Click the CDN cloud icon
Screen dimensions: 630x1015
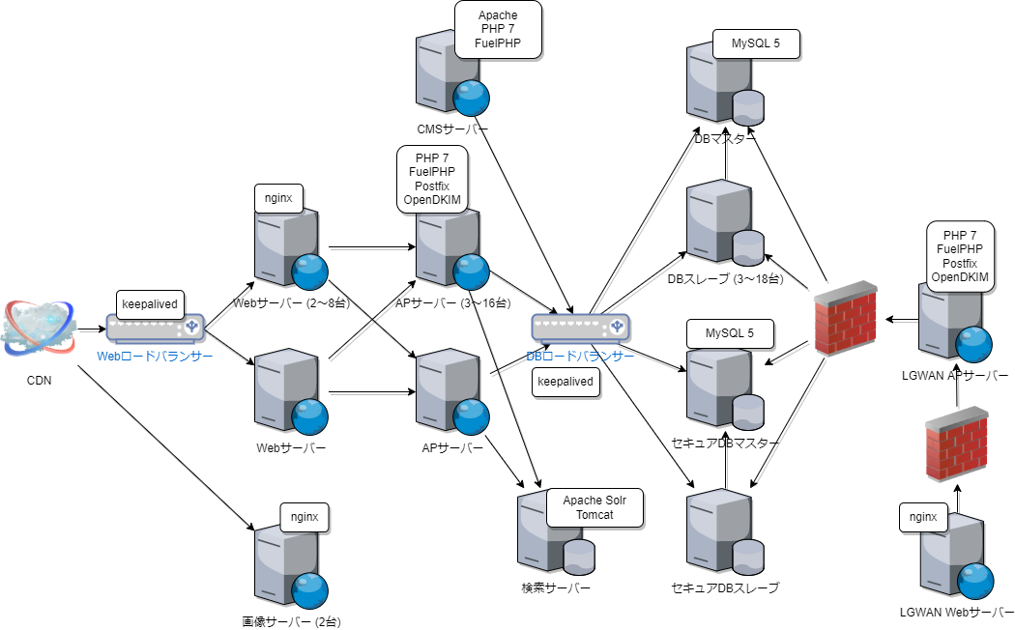pyautogui.click(x=39, y=329)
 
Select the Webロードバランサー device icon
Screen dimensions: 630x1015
pyautogui.click(x=156, y=329)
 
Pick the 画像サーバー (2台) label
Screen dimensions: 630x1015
pyautogui.click(x=291, y=621)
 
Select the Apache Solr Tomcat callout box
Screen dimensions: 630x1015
pyautogui.click(x=594, y=507)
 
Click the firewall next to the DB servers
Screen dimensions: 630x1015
pyautogui.click(x=845, y=319)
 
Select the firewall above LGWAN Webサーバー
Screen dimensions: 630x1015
pyautogui.click(x=956, y=443)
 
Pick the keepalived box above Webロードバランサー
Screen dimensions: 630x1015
pyautogui.click(x=150, y=303)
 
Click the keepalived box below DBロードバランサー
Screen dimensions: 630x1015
pyautogui.click(x=565, y=382)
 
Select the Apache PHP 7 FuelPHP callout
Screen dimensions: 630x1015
pyautogui.click(x=497, y=30)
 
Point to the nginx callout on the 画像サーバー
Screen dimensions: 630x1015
pyautogui.click(x=304, y=517)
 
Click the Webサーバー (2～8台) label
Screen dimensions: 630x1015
pyautogui.click(x=291, y=303)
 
